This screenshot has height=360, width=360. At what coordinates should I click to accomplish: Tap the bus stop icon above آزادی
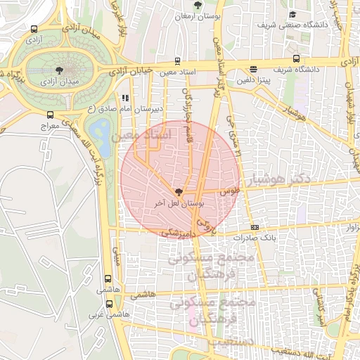34,30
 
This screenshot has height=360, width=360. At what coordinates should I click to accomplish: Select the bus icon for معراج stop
49,114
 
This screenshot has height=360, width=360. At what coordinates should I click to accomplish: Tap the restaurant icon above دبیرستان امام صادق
125,98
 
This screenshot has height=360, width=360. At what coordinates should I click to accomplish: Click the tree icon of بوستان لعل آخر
179,191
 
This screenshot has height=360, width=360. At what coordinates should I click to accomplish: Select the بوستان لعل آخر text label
179,203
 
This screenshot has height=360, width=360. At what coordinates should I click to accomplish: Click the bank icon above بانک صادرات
255,227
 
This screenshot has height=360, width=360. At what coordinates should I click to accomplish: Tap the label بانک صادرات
255,238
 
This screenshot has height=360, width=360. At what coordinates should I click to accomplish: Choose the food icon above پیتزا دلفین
252,69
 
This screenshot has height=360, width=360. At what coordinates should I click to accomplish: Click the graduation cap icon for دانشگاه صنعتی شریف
292,15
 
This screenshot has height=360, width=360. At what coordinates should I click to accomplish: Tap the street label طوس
230,191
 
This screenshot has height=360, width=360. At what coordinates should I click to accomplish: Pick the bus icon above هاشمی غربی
109,304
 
